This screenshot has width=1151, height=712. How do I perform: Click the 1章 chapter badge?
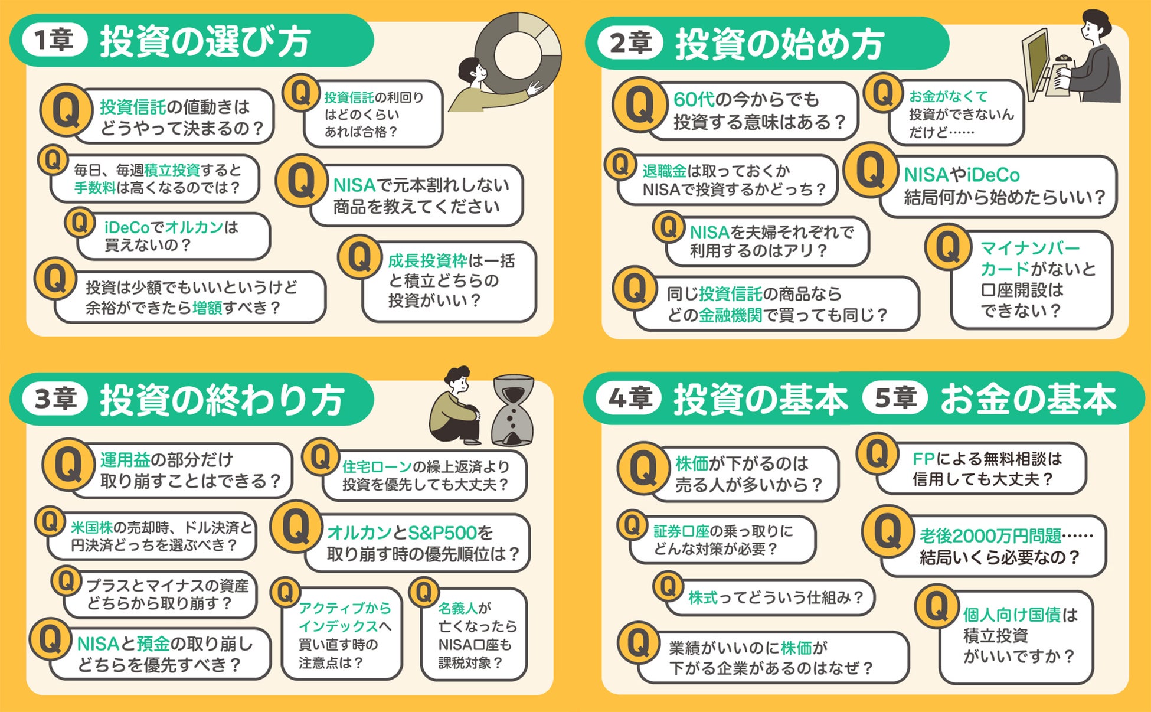(x=54, y=40)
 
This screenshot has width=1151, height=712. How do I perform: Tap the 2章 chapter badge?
(x=630, y=43)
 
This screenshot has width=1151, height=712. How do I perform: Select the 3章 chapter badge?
(x=55, y=399)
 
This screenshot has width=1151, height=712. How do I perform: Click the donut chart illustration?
(x=518, y=52)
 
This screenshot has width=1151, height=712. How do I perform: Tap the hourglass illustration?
(x=513, y=410)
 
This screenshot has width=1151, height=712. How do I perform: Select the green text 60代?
(x=694, y=99)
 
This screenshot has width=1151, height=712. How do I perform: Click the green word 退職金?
(x=664, y=171)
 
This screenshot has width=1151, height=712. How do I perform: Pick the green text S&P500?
(x=442, y=533)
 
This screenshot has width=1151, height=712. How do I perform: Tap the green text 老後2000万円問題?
(x=990, y=535)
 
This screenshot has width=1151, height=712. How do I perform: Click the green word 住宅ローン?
(x=377, y=466)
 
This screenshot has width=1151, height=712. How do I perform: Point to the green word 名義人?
(x=457, y=608)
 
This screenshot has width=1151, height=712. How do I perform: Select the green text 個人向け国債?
(x=1012, y=615)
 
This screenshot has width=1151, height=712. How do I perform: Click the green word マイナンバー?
(x=1030, y=247)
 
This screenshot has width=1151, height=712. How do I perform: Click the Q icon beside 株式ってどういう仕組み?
(x=668, y=587)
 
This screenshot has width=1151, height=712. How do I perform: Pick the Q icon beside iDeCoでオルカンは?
(x=80, y=223)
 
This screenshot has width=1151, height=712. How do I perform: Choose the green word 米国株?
(x=91, y=527)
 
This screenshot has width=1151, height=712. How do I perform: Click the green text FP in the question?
(x=924, y=459)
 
